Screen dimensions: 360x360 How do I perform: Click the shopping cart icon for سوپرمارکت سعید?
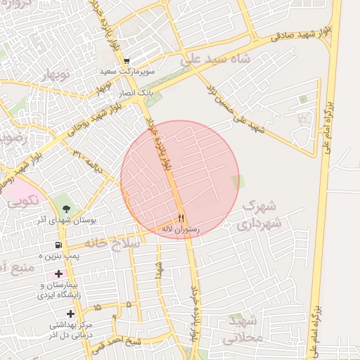pyautogui.click(x=127, y=62)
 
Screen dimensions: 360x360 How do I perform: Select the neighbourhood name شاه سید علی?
pyautogui.click(x=215, y=61)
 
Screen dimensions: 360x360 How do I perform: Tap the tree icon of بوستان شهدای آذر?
pyautogui.click(x=66, y=209)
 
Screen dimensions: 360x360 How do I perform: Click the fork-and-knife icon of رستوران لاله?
pyautogui.click(x=181, y=217)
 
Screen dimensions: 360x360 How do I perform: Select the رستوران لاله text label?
pyautogui.click(x=181, y=229)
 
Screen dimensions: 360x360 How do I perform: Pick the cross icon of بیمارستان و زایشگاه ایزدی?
pyautogui.click(x=58, y=274)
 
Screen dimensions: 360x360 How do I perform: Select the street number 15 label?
pyautogui.click(x=96, y=307)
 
